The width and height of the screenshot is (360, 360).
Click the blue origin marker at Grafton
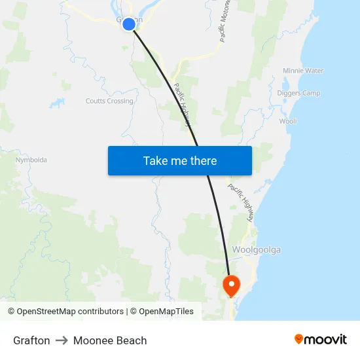(x=129, y=24)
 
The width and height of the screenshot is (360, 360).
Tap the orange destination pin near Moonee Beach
(x=231, y=285)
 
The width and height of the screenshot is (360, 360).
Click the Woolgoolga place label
(x=257, y=250)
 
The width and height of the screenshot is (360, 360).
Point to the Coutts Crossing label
(x=109, y=101)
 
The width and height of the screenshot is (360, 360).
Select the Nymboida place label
(x=31, y=160)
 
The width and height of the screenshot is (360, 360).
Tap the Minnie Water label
(x=303, y=71)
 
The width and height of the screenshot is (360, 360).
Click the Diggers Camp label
(x=300, y=93)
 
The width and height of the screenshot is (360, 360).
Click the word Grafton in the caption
(x=31, y=340)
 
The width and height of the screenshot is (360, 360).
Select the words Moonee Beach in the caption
(x=110, y=340)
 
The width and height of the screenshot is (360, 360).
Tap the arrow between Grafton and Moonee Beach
(x=62, y=340)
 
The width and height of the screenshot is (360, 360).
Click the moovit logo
(x=321, y=339)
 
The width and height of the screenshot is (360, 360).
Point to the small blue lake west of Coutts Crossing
(x=58, y=103)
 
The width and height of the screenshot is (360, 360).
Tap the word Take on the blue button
(x=155, y=160)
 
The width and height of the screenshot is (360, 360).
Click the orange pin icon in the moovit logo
(x=299, y=339)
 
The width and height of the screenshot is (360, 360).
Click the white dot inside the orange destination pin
(x=231, y=283)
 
